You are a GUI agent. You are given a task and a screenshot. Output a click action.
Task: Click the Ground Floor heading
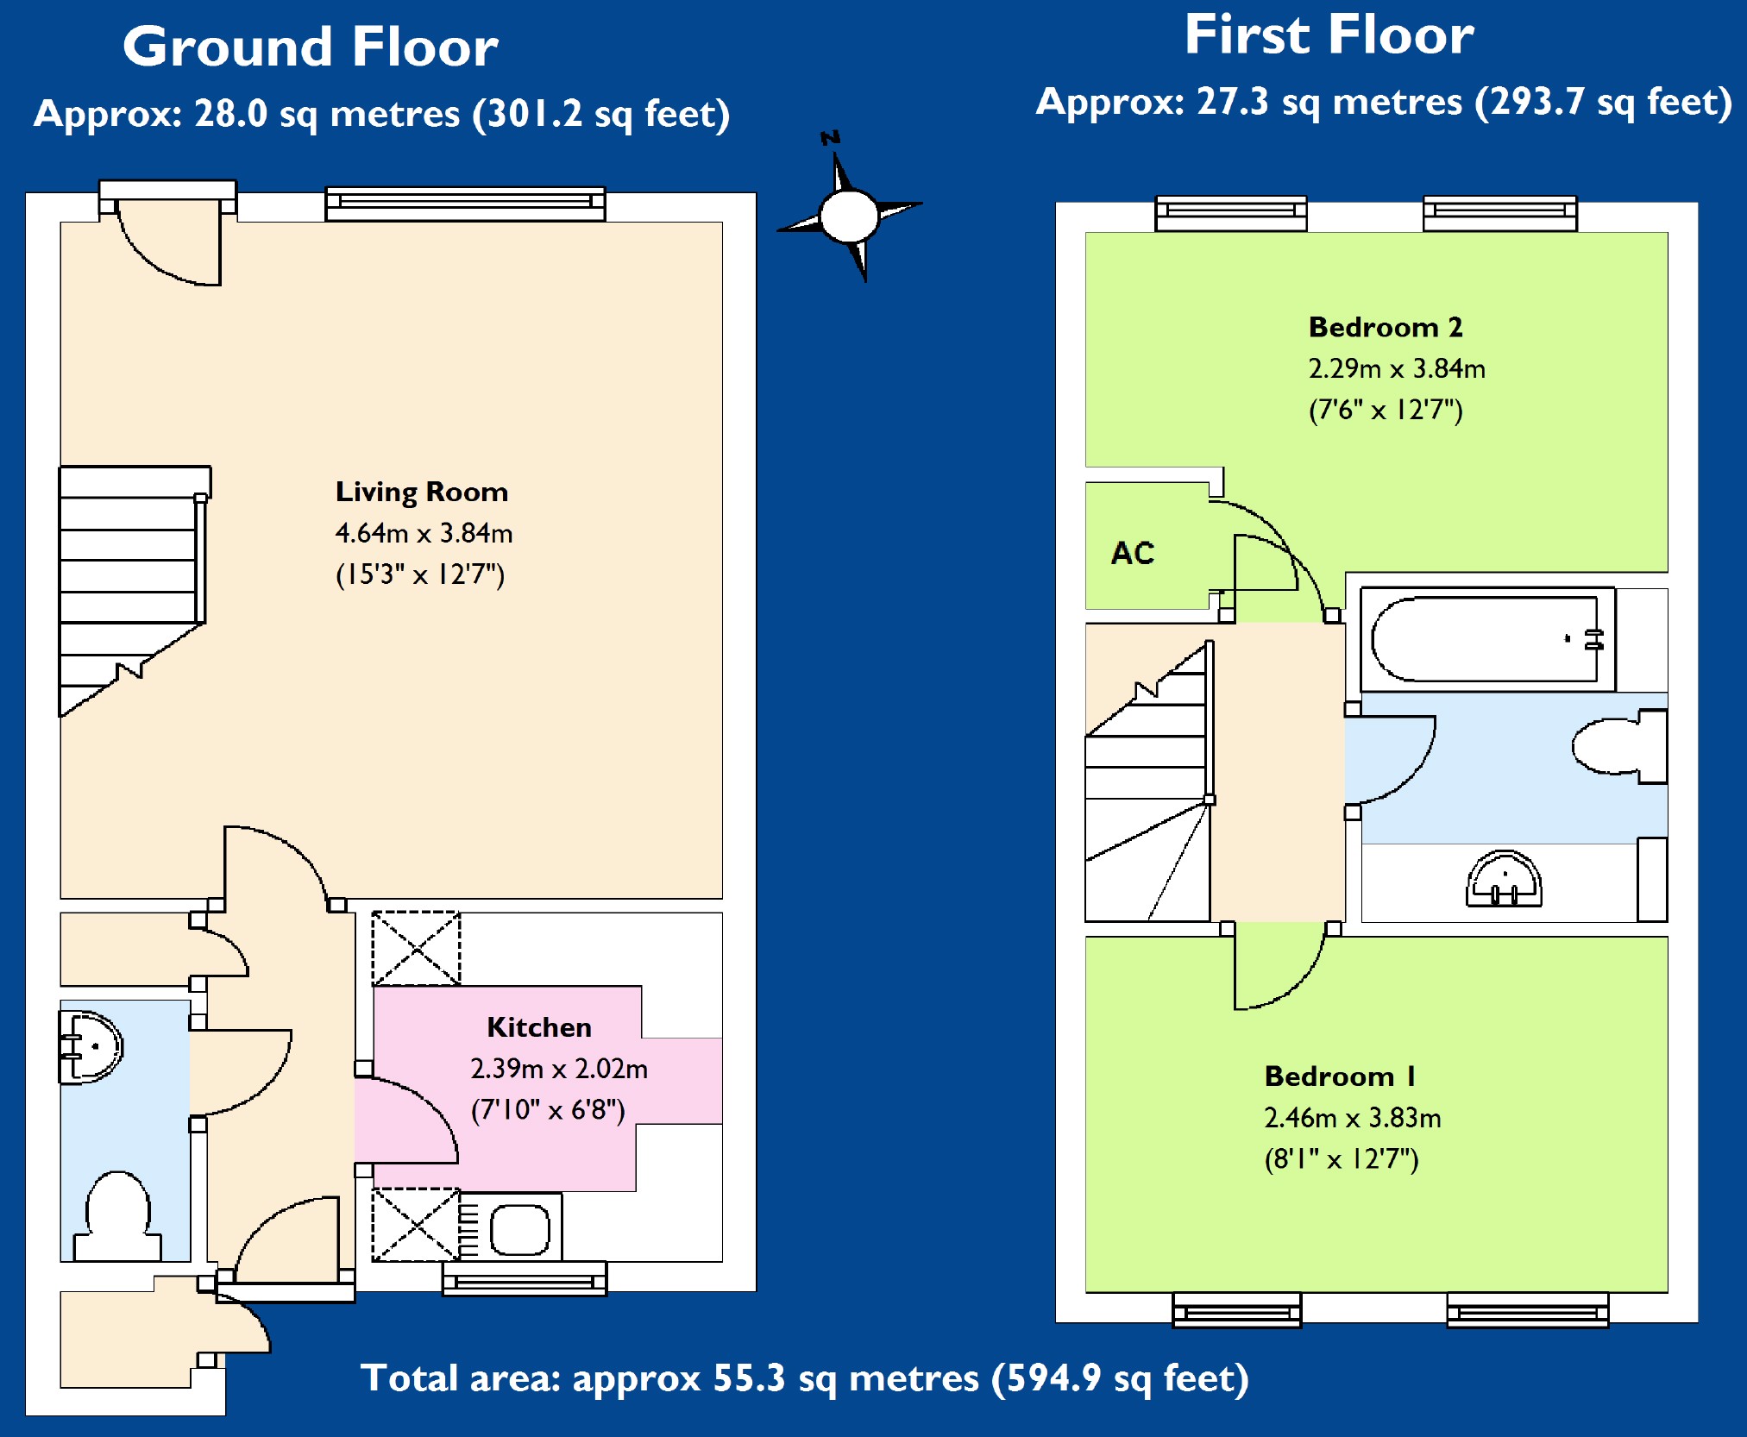[311, 47]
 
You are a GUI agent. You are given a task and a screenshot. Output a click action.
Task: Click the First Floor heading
[1329, 35]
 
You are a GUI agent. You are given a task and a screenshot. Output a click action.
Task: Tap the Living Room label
[422, 492]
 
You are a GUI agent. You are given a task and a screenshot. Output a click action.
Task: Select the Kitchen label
[539, 1027]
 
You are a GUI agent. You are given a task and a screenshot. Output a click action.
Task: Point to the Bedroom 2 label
[1386, 328]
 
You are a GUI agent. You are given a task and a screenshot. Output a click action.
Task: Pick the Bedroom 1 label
[1340, 1076]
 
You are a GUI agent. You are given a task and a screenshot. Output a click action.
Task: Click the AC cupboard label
[1133, 553]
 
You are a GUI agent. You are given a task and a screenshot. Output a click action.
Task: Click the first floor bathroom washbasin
[1504, 880]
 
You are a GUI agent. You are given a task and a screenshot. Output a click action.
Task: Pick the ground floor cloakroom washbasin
[90, 1047]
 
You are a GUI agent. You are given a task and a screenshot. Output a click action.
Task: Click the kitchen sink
[519, 1228]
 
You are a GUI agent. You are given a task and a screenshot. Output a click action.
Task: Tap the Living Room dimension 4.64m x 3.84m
[424, 533]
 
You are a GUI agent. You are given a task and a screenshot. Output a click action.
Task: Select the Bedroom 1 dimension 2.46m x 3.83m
[1352, 1118]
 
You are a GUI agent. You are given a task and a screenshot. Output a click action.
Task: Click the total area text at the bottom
[804, 1378]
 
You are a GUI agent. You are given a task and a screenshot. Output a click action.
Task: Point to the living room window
[465, 204]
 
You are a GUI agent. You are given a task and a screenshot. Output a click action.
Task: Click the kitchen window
[525, 1279]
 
